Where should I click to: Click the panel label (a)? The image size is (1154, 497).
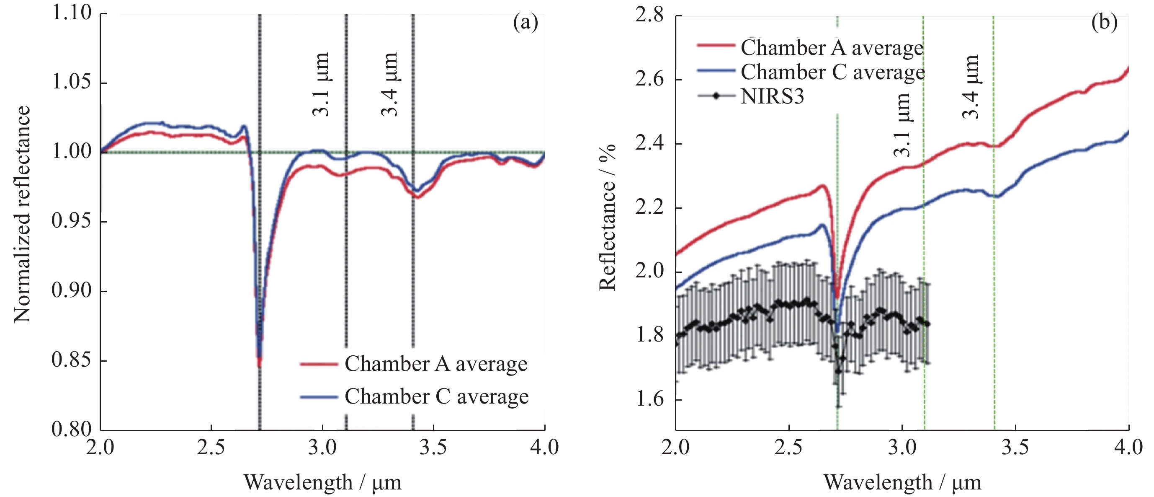(x=525, y=22)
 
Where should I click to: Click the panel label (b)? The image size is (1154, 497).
(x=1104, y=22)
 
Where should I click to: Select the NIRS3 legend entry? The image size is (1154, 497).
(x=772, y=96)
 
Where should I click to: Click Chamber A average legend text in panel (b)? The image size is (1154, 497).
(x=832, y=47)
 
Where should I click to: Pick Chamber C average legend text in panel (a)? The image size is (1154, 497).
(x=436, y=396)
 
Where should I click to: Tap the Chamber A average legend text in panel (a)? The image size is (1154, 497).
(x=435, y=363)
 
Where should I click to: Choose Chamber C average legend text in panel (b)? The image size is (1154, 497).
(x=832, y=72)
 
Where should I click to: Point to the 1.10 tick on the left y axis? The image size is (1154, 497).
(x=72, y=13)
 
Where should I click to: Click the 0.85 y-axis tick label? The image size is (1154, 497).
(x=72, y=360)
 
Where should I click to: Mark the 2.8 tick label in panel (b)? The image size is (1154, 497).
(x=649, y=16)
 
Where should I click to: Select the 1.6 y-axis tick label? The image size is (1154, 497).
(x=649, y=399)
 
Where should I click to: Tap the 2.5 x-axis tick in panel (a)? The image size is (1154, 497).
(x=211, y=447)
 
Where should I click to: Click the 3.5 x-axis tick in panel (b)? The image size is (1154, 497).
(x=1015, y=447)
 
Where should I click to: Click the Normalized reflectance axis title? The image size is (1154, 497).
(x=21, y=214)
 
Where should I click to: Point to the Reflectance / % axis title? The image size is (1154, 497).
(x=608, y=217)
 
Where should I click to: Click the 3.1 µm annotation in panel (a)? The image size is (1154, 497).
(x=321, y=85)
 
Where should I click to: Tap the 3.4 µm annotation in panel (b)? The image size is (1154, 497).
(x=971, y=87)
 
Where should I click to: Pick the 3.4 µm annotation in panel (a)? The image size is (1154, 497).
(x=389, y=85)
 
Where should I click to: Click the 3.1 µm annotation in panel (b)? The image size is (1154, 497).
(x=902, y=124)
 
